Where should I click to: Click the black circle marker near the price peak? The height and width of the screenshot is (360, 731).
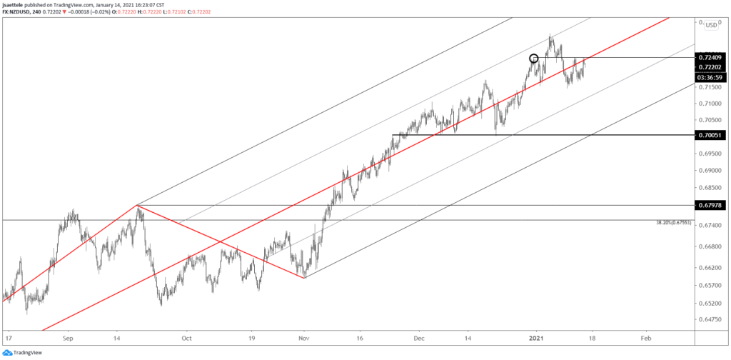click(533, 59)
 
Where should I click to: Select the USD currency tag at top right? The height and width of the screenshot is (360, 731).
click(711, 26)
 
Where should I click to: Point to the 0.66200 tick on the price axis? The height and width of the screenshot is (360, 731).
click(710, 268)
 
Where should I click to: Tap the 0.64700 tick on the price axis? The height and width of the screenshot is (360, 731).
click(710, 320)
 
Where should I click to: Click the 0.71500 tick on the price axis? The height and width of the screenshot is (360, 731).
click(710, 87)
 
